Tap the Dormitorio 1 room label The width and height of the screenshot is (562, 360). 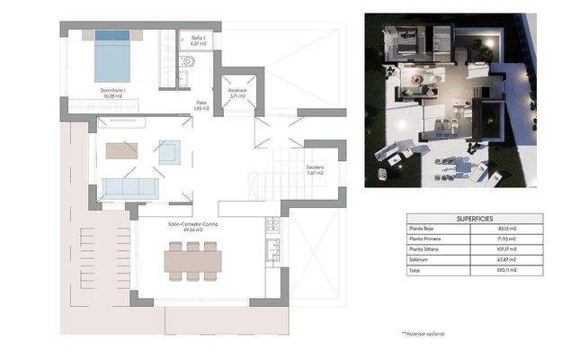click(112, 91)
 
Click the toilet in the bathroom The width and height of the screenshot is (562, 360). click(186, 61)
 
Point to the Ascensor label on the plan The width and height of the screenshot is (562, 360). click(237, 91)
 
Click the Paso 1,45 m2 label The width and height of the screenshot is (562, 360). click(202, 104)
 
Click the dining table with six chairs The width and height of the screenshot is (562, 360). click(192, 261)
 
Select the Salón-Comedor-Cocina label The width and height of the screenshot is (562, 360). click(192, 225)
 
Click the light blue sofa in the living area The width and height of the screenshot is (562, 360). click(130, 188)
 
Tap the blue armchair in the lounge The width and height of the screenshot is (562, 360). click(169, 152)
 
